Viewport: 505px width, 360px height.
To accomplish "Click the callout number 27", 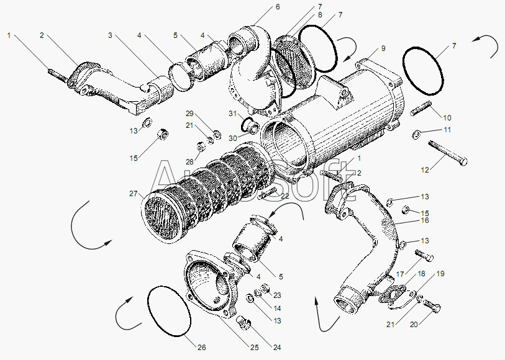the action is tap(134, 194).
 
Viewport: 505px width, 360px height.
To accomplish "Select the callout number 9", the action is tap(383, 48).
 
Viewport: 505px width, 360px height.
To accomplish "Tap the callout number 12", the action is tap(425, 170).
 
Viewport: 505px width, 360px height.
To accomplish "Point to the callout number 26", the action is tap(202, 348).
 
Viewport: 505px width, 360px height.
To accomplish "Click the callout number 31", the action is tap(233, 114).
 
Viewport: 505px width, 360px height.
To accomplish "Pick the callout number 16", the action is tap(425, 220).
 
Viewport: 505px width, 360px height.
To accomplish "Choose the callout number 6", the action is tap(278, 7).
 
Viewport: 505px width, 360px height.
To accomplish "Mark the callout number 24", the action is tap(277, 348).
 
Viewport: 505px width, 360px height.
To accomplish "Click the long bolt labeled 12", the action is tap(448, 153).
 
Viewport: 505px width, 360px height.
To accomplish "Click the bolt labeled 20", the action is tap(432, 305).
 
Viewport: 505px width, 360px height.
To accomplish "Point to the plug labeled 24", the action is tap(244, 322).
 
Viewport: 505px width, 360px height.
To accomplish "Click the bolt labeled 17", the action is tap(424, 255).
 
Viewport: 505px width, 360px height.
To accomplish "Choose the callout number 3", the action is tap(110, 35).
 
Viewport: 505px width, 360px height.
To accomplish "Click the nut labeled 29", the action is tap(217, 135).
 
